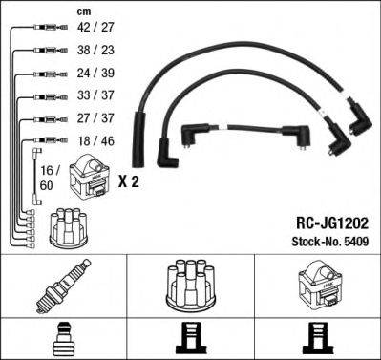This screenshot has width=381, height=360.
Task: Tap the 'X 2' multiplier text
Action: click(129, 181)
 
